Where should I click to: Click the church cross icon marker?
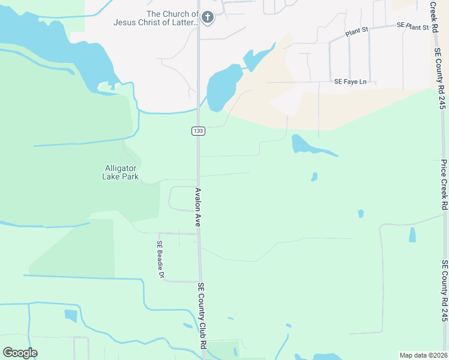pyautogui.click(x=208, y=17)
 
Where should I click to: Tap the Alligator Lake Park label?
pyautogui.click(x=121, y=172)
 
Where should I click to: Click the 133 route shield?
pyautogui.click(x=197, y=131)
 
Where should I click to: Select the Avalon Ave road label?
pyautogui.click(x=197, y=207)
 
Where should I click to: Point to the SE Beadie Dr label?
pyautogui.click(x=160, y=260)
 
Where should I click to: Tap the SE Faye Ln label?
pyautogui.click(x=351, y=82)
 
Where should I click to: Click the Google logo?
pyautogui.click(x=20, y=353)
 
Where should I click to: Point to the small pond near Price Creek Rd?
pyautogui.click(x=412, y=234)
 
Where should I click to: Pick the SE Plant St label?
pyautogui.click(x=413, y=27)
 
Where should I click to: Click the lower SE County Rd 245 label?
pyautogui.click(x=445, y=299)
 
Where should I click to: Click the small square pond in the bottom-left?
pyautogui.click(x=71, y=315)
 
